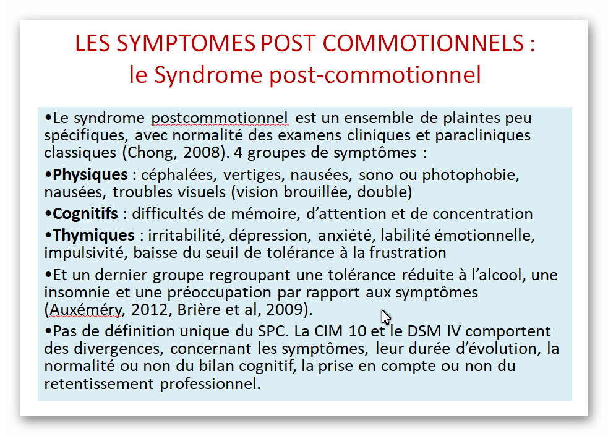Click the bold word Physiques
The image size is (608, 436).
[90, 175]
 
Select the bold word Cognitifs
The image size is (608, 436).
[85, 213]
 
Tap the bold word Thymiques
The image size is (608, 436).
[93, 236]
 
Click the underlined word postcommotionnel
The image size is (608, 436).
[220, 118]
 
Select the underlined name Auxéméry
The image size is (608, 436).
[86, 310]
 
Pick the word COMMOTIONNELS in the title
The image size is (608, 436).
[423, 43]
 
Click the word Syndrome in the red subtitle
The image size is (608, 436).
[208, 75]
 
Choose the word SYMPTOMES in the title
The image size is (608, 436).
[186, 43]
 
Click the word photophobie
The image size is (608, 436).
[470, 175]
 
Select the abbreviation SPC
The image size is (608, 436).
[273, 331]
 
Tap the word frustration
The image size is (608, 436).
[407, 253]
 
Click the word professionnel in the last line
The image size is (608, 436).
[210, 384]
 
